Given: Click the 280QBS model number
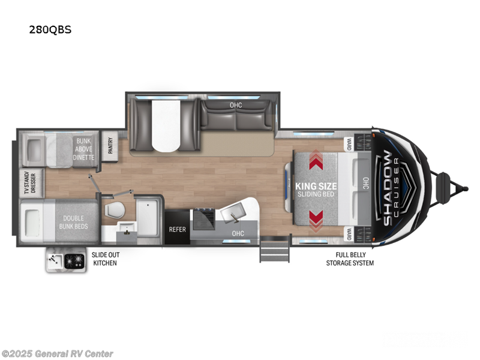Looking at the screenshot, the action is (50, 29).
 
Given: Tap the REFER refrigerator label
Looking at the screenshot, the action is (177, 229).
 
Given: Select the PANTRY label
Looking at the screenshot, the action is (110, 146).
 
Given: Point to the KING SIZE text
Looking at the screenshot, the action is (316, 186).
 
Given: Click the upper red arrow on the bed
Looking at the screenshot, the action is (316, 160).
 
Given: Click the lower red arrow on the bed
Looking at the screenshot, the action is (316, 220).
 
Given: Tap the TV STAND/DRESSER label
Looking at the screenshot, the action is (30, 182).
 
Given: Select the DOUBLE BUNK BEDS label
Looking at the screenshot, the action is (73, 222).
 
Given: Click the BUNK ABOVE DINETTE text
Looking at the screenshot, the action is (83, 149).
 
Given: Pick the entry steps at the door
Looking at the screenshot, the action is (275, 249).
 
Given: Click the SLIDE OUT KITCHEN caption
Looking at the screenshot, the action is (106, 259).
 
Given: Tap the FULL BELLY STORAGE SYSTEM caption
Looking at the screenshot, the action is (350, 259).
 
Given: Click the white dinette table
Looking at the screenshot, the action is (166, 125).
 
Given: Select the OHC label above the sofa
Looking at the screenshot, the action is (236, 105).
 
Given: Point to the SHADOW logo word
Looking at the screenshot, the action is (387, 188).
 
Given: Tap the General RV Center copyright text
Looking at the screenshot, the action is (57, 353).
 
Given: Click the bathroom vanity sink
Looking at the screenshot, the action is (127, 228).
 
